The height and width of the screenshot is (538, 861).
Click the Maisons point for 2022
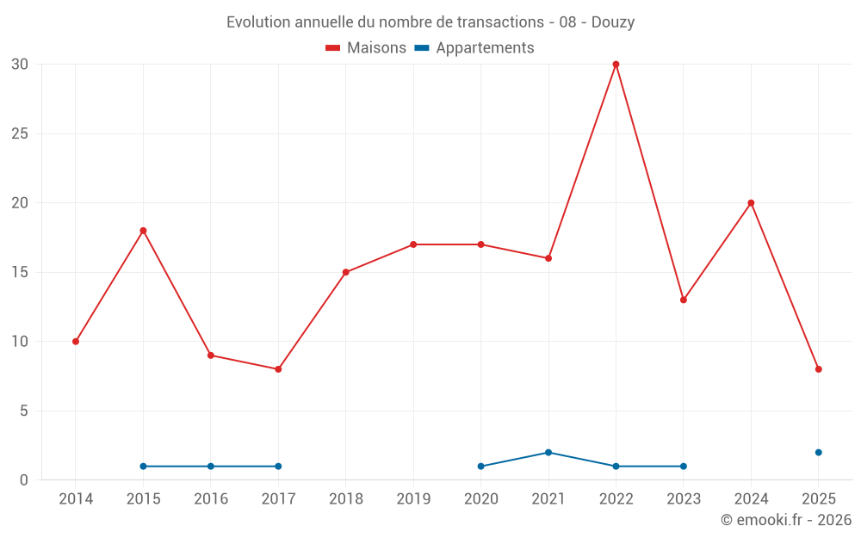616,65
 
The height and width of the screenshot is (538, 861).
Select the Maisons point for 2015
143,231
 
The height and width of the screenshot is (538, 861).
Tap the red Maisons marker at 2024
751,203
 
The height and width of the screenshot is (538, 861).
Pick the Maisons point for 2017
278,369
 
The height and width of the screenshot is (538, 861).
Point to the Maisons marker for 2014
76,342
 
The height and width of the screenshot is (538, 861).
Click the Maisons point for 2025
818,369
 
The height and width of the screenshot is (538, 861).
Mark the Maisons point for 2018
345,272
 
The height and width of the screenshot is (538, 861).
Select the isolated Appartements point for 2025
818,452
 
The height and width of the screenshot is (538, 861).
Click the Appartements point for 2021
548,452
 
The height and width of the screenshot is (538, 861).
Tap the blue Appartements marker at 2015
143,467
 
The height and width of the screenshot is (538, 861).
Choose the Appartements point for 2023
683,467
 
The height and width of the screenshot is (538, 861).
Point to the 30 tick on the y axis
20,65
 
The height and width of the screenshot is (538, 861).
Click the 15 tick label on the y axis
20,272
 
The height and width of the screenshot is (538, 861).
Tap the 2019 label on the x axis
413,499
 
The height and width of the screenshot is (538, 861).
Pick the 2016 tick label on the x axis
211,499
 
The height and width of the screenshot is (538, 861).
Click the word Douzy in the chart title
613,22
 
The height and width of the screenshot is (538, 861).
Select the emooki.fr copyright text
786,520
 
